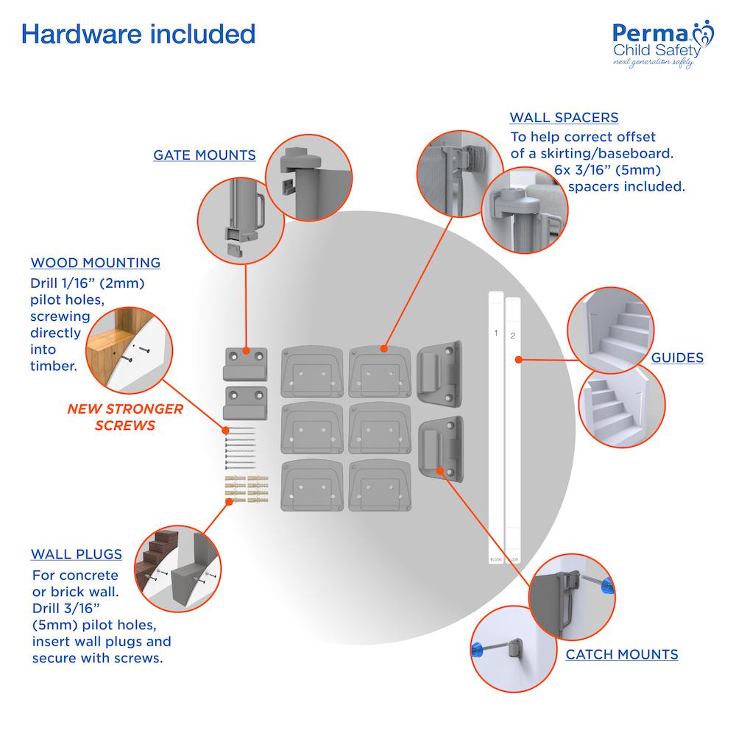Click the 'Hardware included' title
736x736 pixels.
pos(138,34)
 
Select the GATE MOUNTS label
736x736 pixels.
pos(205,155)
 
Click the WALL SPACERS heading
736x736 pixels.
pos(564,118)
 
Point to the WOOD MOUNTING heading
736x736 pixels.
pos(96,263)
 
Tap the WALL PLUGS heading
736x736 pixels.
pos(77,554)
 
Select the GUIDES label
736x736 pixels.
pos(677,358)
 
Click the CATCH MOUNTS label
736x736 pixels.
pos(622,654)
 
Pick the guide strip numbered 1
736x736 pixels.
pos(496,427)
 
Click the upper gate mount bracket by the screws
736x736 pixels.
pos(243,361)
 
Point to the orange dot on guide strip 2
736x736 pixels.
pos(519,359)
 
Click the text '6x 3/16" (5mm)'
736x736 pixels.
pos(601,170)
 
